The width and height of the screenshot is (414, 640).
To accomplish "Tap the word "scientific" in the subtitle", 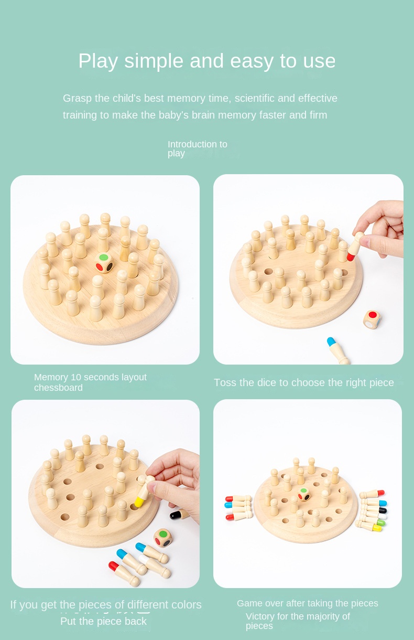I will (x=255, y=99).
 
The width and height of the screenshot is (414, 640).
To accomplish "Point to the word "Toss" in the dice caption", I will (x=225, y=382).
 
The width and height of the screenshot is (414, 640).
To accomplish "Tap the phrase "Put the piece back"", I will (x=103, y=621).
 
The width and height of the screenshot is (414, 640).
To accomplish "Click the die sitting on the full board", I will (x=104, y=263).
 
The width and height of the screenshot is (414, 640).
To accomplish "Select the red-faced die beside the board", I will (x=372, y=319).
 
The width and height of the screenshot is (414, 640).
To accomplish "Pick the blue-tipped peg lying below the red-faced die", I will (x=337, y=350).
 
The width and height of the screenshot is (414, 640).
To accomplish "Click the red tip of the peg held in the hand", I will (x=351, y=257).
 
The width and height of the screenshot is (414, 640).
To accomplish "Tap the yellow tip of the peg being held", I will (x=139, y=502).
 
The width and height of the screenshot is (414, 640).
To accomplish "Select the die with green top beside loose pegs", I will (x=163, y=538).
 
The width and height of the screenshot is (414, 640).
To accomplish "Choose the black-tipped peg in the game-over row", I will (x=374, y=510).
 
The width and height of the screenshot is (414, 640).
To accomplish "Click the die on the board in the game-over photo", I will (x=304, y=494).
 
